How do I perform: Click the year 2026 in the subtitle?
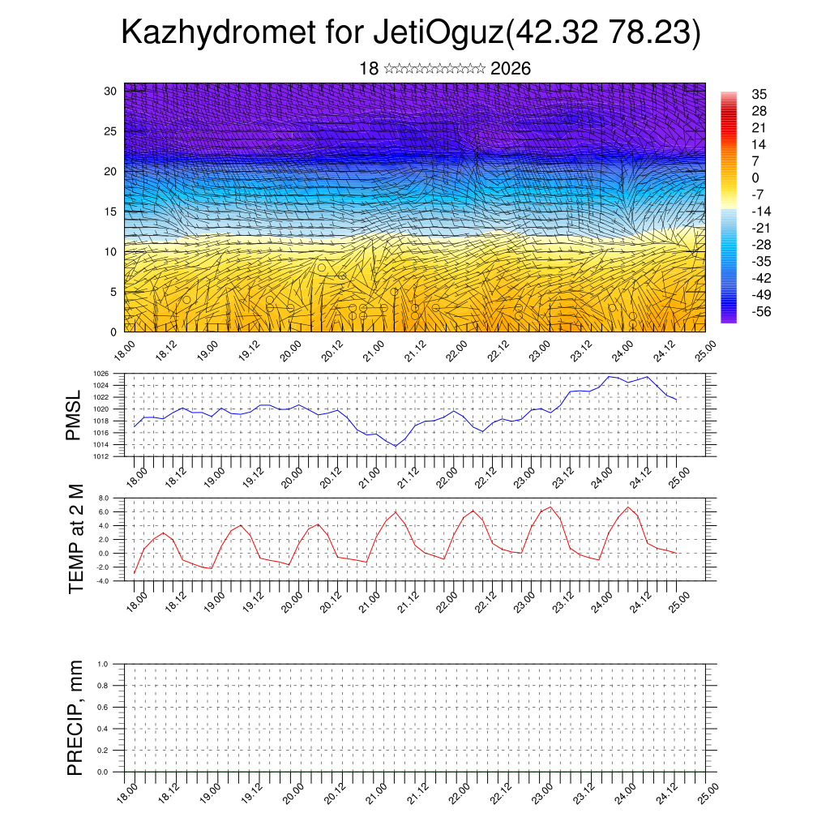[511, 69]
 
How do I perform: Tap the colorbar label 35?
[759, 94]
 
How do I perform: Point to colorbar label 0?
[755, 178]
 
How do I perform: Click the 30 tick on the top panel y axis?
[110, 91]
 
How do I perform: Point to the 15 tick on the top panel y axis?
[110, 212]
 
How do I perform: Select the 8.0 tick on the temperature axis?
[114, 498]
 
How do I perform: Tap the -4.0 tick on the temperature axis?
[113, 581]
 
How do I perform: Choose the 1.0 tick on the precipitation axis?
[114, 664]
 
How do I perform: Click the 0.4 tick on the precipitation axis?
[114, 729]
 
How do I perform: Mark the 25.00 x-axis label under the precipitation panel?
[708, 792]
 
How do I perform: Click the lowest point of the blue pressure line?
[396, 446]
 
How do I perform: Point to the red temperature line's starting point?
[135, 573]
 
